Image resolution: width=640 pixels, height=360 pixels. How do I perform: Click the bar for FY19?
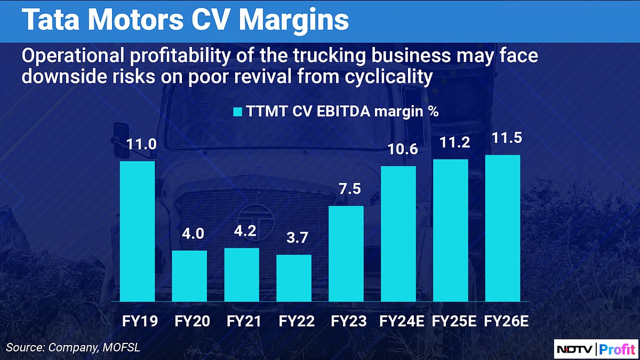click(x=137, y=231)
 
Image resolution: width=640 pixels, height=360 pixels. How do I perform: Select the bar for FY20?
click(x=189, y=276)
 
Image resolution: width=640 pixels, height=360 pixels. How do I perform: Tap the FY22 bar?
click(x=294, y=278)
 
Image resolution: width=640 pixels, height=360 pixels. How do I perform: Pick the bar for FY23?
click(x=346, y=253)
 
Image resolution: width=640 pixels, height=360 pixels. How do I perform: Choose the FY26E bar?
click(x=502, y=228)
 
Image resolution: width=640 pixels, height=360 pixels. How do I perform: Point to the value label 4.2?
click(x=242, y=233)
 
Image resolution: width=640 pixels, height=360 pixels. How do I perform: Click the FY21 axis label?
click(x=242, y=322)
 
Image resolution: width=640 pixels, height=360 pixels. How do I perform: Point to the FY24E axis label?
click(x=398, y=322)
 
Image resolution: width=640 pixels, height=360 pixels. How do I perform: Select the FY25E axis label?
click(x=450, y=322)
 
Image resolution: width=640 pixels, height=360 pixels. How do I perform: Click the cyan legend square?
click(x=237, y=113)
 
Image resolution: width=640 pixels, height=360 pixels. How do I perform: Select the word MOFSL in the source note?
click(x=124, y=348)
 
